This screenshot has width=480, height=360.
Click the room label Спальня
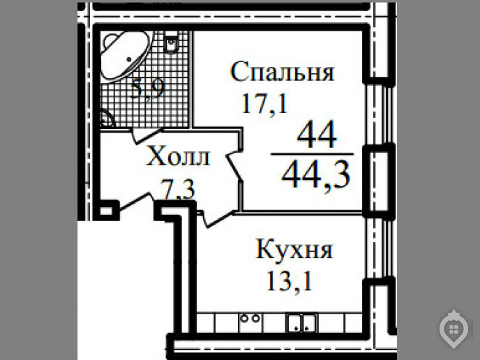tap(282, 71)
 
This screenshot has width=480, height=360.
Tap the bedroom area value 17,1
tap(265, 104)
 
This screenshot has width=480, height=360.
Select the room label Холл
tap(178, 156)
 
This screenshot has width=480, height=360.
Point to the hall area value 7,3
tap(178, 190)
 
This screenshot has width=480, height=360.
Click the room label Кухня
tap(294, 249)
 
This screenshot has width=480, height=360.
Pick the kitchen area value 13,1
tap(290, 281)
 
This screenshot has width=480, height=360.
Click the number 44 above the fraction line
tap(317, 135)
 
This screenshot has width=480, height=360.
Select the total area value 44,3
tap(315, 175)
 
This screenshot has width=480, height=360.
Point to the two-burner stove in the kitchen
tap(250, 319)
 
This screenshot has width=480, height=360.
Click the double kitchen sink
tap(302, 323)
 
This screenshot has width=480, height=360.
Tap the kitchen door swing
tap(216, 219)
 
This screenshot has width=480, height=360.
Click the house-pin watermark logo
tap(453, 329)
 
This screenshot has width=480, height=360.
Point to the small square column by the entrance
tap(106, 211)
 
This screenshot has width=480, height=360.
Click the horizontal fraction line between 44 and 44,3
tap(313, 154)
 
